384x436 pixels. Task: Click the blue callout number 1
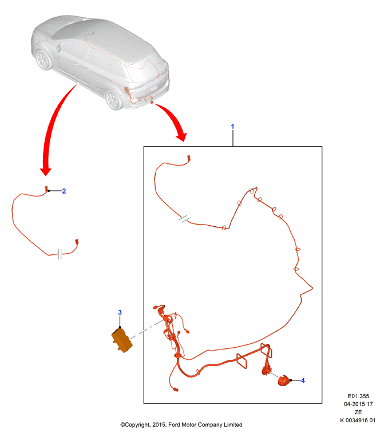point(233,127)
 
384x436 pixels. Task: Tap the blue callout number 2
point(64,191)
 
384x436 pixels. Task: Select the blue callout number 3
point(120,312)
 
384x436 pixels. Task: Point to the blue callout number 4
point(303,380)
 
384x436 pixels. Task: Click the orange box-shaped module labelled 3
point(122,340)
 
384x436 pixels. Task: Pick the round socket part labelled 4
point(284,380)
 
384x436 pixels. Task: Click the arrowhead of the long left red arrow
point(46,171)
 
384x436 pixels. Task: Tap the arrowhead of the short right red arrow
point(182,136)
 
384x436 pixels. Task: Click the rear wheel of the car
point(113,99)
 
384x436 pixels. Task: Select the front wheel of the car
point(43,59)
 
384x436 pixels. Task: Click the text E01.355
point(358,396)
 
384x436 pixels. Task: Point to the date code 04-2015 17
point(358,404)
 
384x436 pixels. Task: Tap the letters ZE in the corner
point(358,412)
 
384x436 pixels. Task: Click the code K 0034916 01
point(358,420)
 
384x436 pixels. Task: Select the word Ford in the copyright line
point(175,425)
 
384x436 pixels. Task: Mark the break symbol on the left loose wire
point(60,254)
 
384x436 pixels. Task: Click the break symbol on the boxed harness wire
point(184,219)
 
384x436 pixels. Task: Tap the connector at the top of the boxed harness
point(189,158)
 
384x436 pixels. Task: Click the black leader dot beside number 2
point(49,191)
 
